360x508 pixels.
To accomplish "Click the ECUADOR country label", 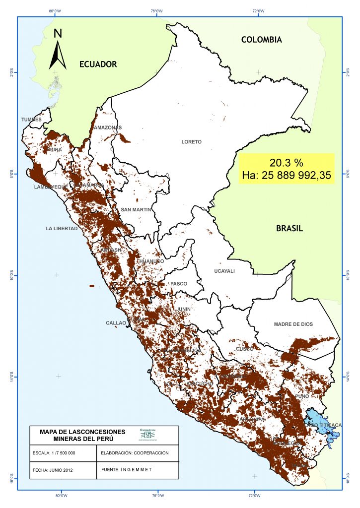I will tap(98, 64).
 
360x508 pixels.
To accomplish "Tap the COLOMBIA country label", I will tap(261, 40).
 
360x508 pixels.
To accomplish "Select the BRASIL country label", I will tap(289, 228).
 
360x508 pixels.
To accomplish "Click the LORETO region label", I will tap(191, 142).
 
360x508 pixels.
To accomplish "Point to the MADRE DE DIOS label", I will tap(293, 324).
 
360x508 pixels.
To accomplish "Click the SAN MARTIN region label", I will tap(136, 210).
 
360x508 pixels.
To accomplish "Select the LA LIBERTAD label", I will tap(62, 229).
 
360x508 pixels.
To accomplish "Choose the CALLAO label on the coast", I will tap(116, 323).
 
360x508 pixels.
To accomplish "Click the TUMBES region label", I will tap(31, 120).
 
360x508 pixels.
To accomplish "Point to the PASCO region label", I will tap(179, 284).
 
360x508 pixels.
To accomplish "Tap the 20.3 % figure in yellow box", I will tap(286, 163).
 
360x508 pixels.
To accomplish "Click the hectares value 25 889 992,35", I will tap(286, 175).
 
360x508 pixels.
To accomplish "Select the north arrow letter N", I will tap(58, 34).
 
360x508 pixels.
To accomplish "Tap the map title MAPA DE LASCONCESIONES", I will tap(82, 432).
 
